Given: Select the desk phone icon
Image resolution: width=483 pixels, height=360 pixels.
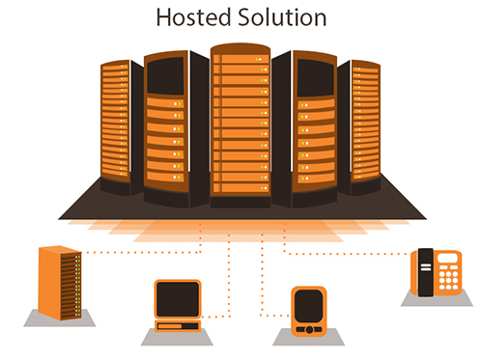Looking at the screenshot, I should [x=435, y=273].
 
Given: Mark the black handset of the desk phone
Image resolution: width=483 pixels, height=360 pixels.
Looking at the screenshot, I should [x=422, y=273].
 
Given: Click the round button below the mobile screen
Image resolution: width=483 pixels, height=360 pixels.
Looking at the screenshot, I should [x=310, y=329].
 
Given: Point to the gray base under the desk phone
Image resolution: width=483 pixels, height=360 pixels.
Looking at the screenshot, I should [x=437, y=302].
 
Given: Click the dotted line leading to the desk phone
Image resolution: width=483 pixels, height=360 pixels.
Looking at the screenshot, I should [x=348, y=255].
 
